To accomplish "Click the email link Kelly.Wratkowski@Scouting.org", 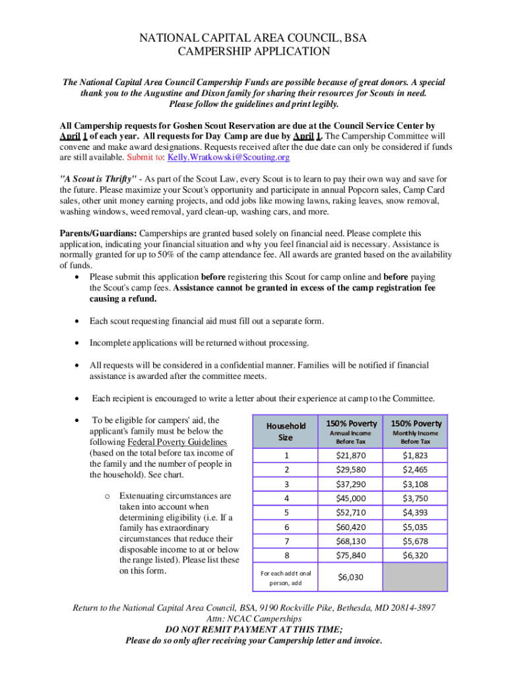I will tap(228, 158).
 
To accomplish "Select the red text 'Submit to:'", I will tap(146, 158).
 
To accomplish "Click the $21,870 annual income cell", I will tap(350, 456).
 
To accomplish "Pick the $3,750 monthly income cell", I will tap(416, 498).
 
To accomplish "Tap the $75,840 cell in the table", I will tap(350, 555).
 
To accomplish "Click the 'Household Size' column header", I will tap(285, 432).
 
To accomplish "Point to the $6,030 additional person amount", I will tap(350, 577).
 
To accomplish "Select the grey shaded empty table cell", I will tap(416, 577).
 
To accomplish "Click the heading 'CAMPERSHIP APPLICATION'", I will tap(254, 51).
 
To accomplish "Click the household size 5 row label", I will tap(286, 512).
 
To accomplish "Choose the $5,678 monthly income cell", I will tap(416, 541).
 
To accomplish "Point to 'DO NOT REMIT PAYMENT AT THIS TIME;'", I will tap(254, 630).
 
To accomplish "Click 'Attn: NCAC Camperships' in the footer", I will tap(254, 619).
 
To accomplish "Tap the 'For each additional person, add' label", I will tap(286, 578).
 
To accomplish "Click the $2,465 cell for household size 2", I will tap(416, 469).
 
